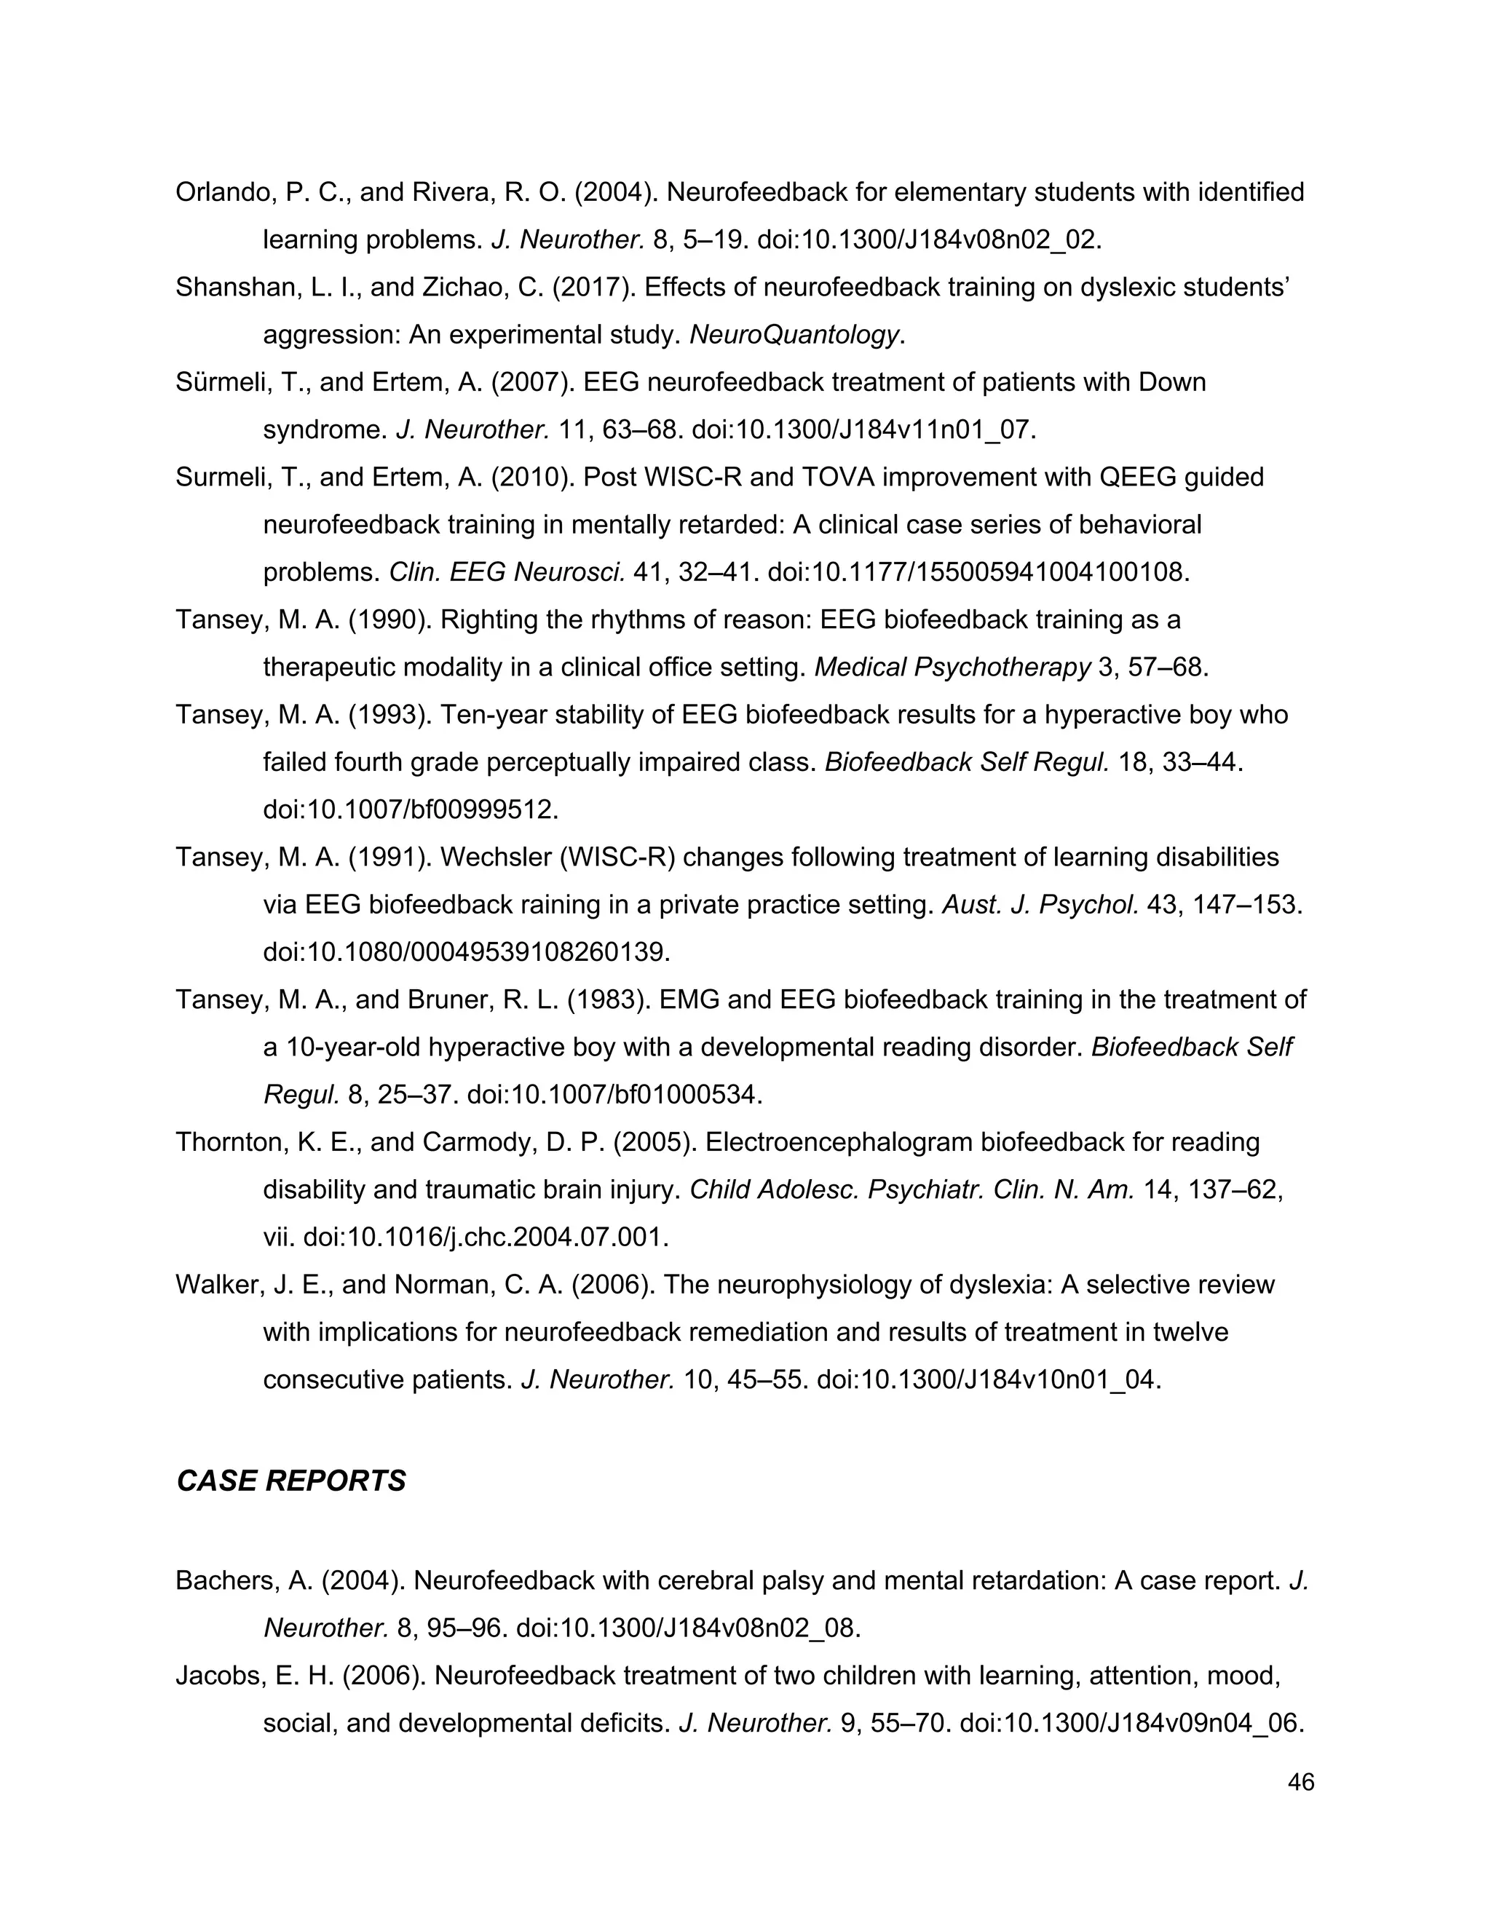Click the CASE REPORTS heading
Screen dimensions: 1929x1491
(290, 1481)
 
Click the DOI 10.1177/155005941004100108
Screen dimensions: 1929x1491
(978, 572)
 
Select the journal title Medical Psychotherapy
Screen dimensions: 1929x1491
(952, 668)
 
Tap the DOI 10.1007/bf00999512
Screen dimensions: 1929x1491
(411, 810)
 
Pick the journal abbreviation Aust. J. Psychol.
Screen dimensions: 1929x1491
(1040, 906)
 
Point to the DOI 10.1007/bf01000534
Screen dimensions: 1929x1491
(614, 1096)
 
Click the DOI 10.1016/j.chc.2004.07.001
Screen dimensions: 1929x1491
(486, 1237)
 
